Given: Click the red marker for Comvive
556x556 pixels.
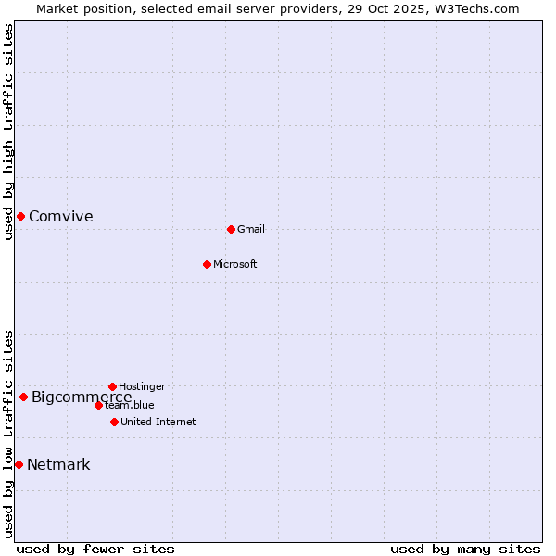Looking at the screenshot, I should click(x=20, y=216).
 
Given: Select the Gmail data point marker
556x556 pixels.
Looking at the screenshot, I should click(x=231, y=229).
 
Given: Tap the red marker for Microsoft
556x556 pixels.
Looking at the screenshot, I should click(x=207, y=264).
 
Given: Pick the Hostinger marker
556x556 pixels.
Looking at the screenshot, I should click(x=112, y=386).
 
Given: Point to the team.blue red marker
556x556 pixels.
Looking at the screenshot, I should click(x=98, y=405).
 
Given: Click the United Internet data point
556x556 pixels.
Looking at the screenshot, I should click(x=114, y=422).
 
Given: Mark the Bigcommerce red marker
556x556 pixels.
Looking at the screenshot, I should click(x=23, y=397).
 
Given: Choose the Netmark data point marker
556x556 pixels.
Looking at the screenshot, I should click(x=19, y=464).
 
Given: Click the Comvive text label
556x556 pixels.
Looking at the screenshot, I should click(x=61, y=217).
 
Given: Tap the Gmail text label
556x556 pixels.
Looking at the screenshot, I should click(x=251, y=230).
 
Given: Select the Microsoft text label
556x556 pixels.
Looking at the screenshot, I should click(x=235, y=265).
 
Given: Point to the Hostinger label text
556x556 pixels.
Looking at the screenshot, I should click(x=142, y=387).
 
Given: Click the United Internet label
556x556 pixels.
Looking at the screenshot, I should click(x=158, y=423).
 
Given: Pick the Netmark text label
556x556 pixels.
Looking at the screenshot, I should click(x=58, y=465).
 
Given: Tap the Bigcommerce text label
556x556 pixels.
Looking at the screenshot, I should click(x=82, y=398).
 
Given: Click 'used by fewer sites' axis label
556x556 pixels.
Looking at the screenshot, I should click(x=95, y=549).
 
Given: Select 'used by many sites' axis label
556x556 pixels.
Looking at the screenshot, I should click(x=465, y=549).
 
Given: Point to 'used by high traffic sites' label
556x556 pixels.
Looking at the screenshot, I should click(x=8, y=132).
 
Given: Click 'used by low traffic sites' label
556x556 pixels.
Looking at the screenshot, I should click(x=8, y=434).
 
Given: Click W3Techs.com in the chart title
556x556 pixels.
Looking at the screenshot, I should click(x=476, y=8).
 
